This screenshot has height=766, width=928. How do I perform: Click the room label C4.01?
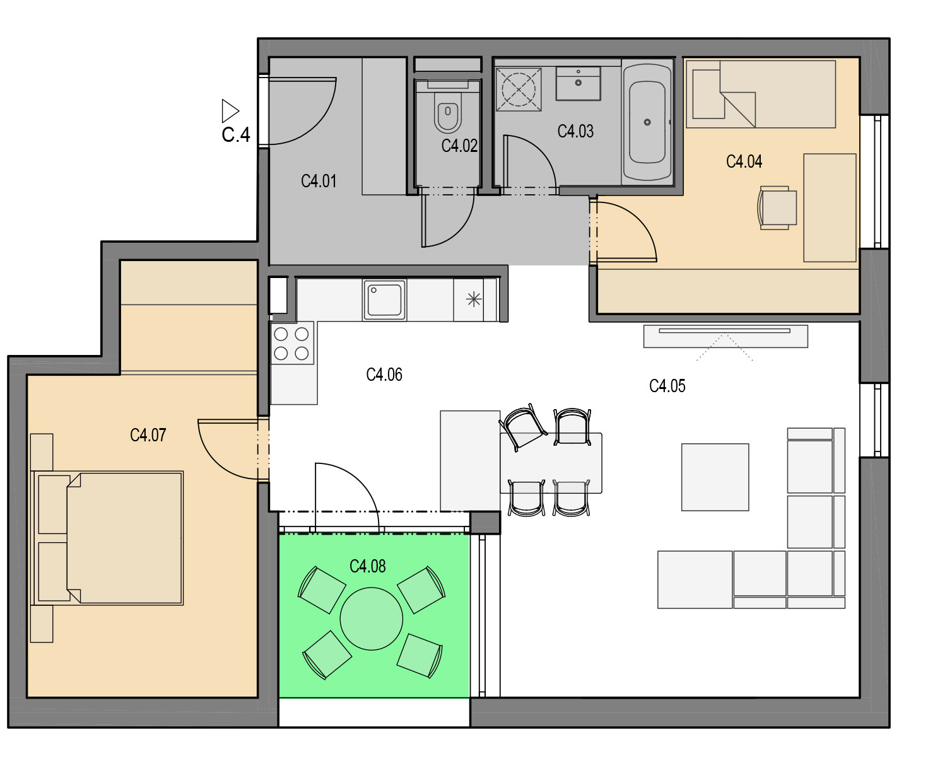(x=319, y=182)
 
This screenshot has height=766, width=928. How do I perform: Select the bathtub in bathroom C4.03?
(x=647, y=122)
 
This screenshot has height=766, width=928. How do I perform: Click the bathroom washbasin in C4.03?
(x=579, y=83)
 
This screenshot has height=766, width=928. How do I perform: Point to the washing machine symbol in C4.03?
(x=519, y=90)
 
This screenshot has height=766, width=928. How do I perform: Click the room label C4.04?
(x=744, y=162)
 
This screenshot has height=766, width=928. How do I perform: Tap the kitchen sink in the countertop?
(x=384, y=299)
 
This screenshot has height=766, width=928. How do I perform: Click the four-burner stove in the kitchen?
(x=291, y=344)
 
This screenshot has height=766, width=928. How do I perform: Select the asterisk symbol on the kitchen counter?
(x=474, y=299)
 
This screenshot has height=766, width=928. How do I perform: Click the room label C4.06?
(x=384, y=375)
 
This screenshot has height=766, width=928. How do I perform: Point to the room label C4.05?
(x=667, y=386)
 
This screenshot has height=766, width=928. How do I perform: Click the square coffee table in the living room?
(x=715, y=477)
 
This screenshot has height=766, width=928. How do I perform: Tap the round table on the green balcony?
(x=372, y=618)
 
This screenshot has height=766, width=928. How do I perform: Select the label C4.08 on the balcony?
(x=368, y=567)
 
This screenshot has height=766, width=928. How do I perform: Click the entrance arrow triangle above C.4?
(x=230, y=110)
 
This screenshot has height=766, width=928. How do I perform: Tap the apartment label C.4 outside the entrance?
(x=235, y=135)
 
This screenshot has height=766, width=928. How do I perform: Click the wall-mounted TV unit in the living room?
(x=725, y=337)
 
